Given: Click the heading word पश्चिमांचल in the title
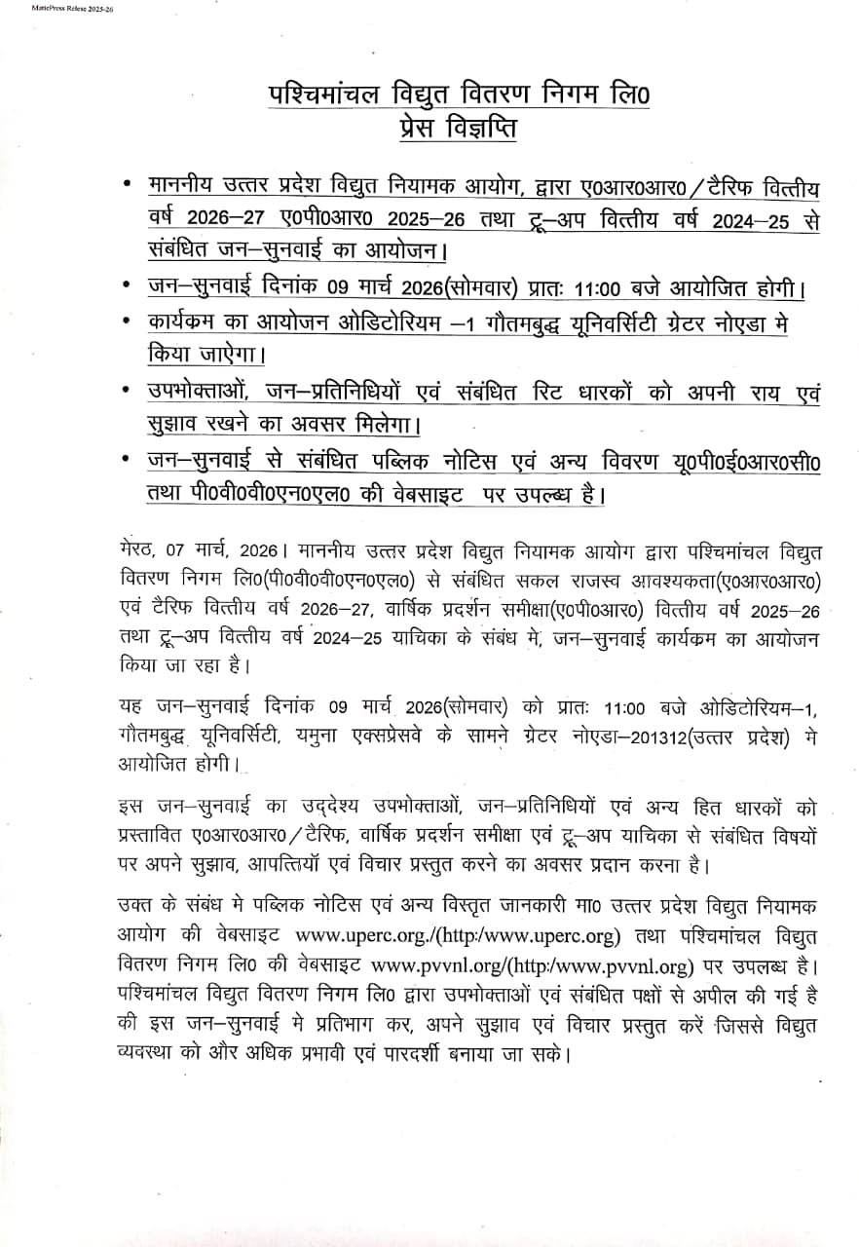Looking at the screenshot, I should point(319,95).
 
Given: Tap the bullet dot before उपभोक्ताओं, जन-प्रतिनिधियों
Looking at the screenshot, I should point(127,391).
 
